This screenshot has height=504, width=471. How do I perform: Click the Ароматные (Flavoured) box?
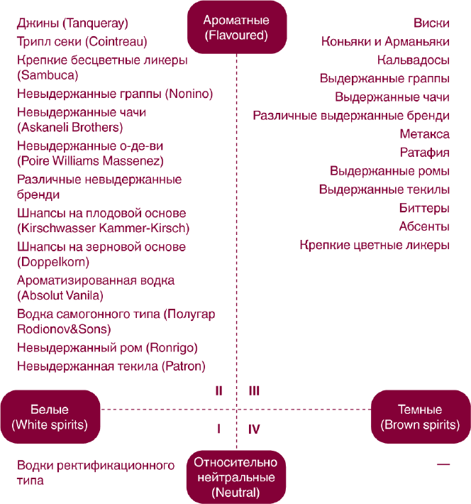(237, 27)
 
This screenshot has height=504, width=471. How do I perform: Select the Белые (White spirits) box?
(50, 417)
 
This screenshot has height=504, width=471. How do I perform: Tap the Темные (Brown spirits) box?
(421, 417)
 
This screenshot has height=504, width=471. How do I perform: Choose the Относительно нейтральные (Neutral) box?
(236, 477)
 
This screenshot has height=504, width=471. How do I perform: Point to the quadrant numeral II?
(218, 391)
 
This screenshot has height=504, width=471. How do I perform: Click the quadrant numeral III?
(254, 391)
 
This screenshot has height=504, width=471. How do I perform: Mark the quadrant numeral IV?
(254, 429)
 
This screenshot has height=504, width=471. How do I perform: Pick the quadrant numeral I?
(218, 429)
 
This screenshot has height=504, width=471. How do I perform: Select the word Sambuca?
(48, 75)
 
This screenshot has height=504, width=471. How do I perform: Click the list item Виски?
(431, 23)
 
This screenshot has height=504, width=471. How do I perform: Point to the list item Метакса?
(424, 134)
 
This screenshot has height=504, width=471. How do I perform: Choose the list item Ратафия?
(424, 153)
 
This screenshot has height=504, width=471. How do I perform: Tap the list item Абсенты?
(424, 226)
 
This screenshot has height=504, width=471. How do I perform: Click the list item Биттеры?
(424, 208)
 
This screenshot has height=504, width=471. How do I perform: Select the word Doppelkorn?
(53, 262)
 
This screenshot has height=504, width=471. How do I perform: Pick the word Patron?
(184, 366)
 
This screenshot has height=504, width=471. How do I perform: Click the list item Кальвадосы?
(413, 60)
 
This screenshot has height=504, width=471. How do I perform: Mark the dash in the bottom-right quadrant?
(443, 464)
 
